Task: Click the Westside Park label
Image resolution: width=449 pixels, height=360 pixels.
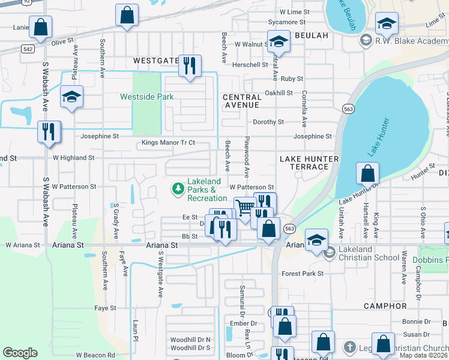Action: pos(146,97)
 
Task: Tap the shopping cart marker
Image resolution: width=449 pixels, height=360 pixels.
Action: pos(244,209)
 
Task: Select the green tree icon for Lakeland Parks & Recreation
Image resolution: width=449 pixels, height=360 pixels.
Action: pos(178,189)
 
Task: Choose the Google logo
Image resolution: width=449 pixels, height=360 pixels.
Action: pos(20,352)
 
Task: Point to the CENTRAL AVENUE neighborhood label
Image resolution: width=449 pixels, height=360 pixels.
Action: pos(241,101)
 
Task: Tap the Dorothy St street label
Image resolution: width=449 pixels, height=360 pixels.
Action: pos(268,122)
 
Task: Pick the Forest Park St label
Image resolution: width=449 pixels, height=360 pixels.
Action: pos(303,274)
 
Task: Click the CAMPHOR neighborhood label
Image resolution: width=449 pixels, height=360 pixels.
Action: pos(385,306)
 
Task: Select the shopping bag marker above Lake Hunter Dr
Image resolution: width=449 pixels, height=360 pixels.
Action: pos(367,174)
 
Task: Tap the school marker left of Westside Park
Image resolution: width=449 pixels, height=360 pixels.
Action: pos(71,98)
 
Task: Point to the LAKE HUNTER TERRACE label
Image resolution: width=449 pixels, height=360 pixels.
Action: pos(309,163)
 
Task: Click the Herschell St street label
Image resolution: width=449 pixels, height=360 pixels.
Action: pos(250,65)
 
